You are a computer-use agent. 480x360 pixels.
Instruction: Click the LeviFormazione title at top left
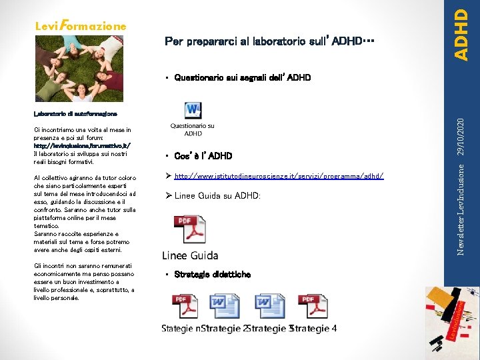coord(79,26)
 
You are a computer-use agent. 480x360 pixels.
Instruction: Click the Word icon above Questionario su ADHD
coord(193,110)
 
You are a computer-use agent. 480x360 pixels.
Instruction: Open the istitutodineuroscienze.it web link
coord(278,176)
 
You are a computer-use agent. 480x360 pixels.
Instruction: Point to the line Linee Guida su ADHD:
coord(217,195)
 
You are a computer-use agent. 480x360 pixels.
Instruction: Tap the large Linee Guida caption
coord(190,255)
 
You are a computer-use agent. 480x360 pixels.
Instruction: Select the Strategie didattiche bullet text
coord(212,274)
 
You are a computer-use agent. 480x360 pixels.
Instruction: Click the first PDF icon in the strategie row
coord(184,307)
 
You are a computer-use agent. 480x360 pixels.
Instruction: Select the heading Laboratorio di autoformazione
coord(75,115)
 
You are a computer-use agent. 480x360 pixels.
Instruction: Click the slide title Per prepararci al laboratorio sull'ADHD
coord(269,42)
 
